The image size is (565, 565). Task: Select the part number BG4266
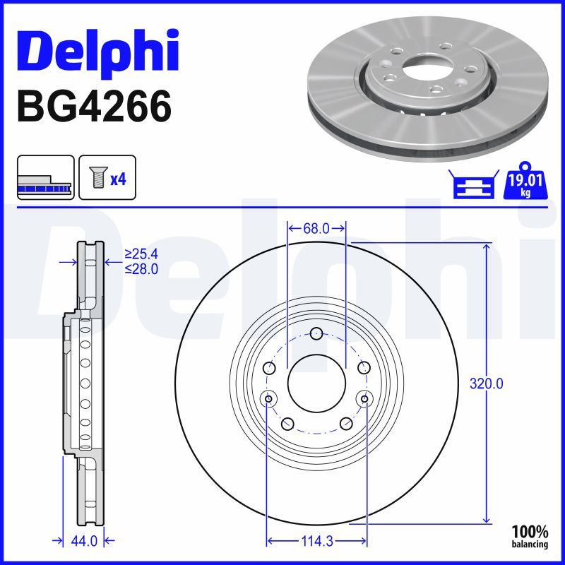tap(93, 107)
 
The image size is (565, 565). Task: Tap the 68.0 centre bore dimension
tap(316, 228)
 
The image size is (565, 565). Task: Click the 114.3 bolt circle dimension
tap(316, 542)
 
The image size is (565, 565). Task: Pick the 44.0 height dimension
tap(84, 542)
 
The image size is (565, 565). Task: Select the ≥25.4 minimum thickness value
tap(141, 254)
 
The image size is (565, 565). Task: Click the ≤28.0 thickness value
tap(141, 268)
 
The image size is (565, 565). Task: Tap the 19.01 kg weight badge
tap(523, 185)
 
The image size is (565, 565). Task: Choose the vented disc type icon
tap(45, 178)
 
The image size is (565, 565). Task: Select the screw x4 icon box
tap(106, 178)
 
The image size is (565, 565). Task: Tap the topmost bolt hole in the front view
tap(316, 334)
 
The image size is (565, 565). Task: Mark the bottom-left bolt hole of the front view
tap(287, 424)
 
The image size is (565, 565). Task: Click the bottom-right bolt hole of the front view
tap(345, 424)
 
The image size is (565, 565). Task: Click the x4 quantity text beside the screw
tap(118, 179)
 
